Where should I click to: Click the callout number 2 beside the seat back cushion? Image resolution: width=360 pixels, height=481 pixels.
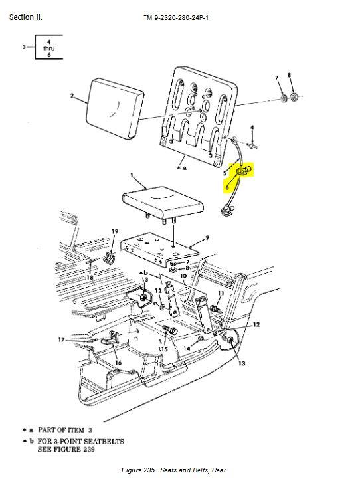pyautogui.click(x=72, y=96)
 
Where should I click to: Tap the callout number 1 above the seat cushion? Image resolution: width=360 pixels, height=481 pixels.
pyautogui.click(x=132, y=175)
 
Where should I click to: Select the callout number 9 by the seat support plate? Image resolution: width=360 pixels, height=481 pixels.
pyautogui.click(x=207, y=237)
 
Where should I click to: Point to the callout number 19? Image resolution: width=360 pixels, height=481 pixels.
pyautogui.click(x=115, y=231)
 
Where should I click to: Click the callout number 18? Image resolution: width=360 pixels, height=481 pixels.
pyautogui.click(x=90, y=277)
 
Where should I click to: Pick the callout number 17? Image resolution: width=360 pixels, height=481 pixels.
pyautogui.click(x=61, y=340)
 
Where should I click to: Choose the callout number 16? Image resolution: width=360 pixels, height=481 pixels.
pyautogui.click(x=118, y=363)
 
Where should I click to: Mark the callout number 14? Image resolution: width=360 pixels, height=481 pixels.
pyautogui.click(x=187, y=349)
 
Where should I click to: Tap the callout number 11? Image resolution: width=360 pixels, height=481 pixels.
pyautogui.click(x=221, y=293)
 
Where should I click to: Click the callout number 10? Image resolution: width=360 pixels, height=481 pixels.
pyautogui.click(x=183, y=276)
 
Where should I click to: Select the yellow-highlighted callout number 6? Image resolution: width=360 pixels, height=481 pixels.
pyautogui.click(x=227, y=187)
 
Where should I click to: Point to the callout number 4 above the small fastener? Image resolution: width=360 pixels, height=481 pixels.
pyautogui.click(x=252, y=128)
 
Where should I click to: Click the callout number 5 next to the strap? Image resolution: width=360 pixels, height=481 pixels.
pyautogui.click(x=225, y=173)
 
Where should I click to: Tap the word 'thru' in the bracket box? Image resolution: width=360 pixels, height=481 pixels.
pyautogui.click(x=48, y=48)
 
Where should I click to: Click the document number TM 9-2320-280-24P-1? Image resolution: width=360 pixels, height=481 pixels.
pyautogui.click(x=176, y=18)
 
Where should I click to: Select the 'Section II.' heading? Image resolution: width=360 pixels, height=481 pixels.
pyautogui.click(x=26, y=17)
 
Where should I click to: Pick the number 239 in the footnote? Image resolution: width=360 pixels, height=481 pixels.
pyautogui.click(x=88, y=449)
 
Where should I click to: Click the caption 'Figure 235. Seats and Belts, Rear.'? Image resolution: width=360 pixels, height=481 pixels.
pyautogui.click(x=175, y=470)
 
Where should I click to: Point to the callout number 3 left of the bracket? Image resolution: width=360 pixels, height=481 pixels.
pyautogui.click(x=24, y=47)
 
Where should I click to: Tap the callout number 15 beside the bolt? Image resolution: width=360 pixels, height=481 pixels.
pyautogui.click(x=163, y=349)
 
